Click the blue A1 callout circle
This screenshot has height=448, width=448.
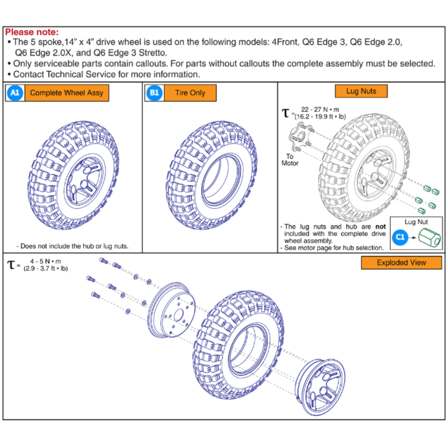point(14,93)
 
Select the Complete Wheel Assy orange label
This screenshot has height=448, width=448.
point(66,93)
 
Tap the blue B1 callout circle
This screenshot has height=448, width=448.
point(154,93)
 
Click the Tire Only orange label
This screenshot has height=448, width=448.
point(190,93)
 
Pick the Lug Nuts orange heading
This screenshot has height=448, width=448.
point(361,91)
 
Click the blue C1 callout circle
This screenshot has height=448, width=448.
point(400,238)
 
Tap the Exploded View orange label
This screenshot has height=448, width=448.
point(401,263)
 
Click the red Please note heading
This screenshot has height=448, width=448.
point(32,33)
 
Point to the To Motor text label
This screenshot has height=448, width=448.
point(289,160)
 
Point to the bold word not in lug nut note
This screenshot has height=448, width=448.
point(380,227)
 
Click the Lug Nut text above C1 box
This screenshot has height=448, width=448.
point(416,222)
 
